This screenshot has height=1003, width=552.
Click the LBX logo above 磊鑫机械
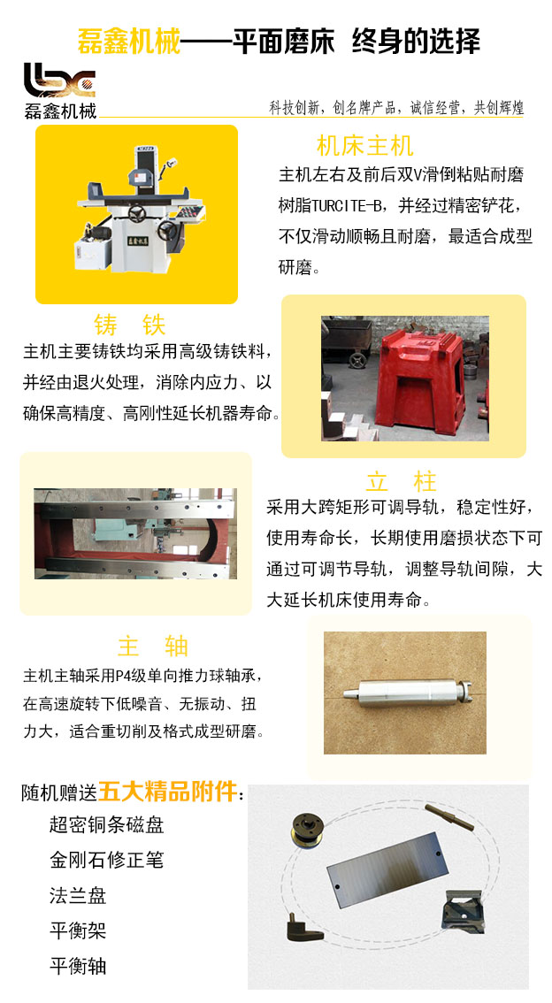click(59, 80)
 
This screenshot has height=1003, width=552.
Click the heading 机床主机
click(365, 146)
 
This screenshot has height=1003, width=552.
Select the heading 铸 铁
click(130, 325)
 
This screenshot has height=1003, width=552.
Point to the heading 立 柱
click(402, 481)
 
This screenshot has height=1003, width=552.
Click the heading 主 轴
click(153, 646)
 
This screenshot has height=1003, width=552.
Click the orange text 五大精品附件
click(167, 792)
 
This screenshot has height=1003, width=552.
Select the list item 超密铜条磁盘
click(107, 824)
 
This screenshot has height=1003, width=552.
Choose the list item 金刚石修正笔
click(107, 860)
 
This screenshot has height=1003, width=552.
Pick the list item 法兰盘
click(78, 895)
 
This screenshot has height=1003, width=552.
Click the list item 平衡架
click(78, 930)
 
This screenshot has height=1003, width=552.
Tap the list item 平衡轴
click(78, 965)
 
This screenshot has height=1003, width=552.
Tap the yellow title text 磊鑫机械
click(128, 42)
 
